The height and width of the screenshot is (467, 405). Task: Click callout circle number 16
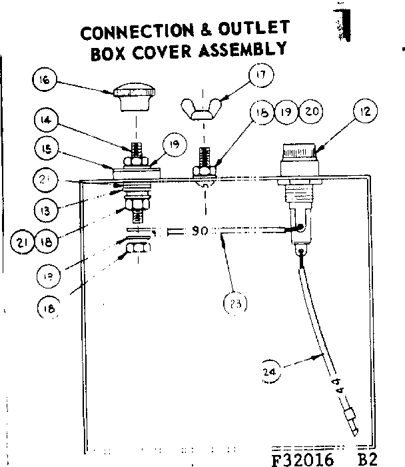44,82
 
